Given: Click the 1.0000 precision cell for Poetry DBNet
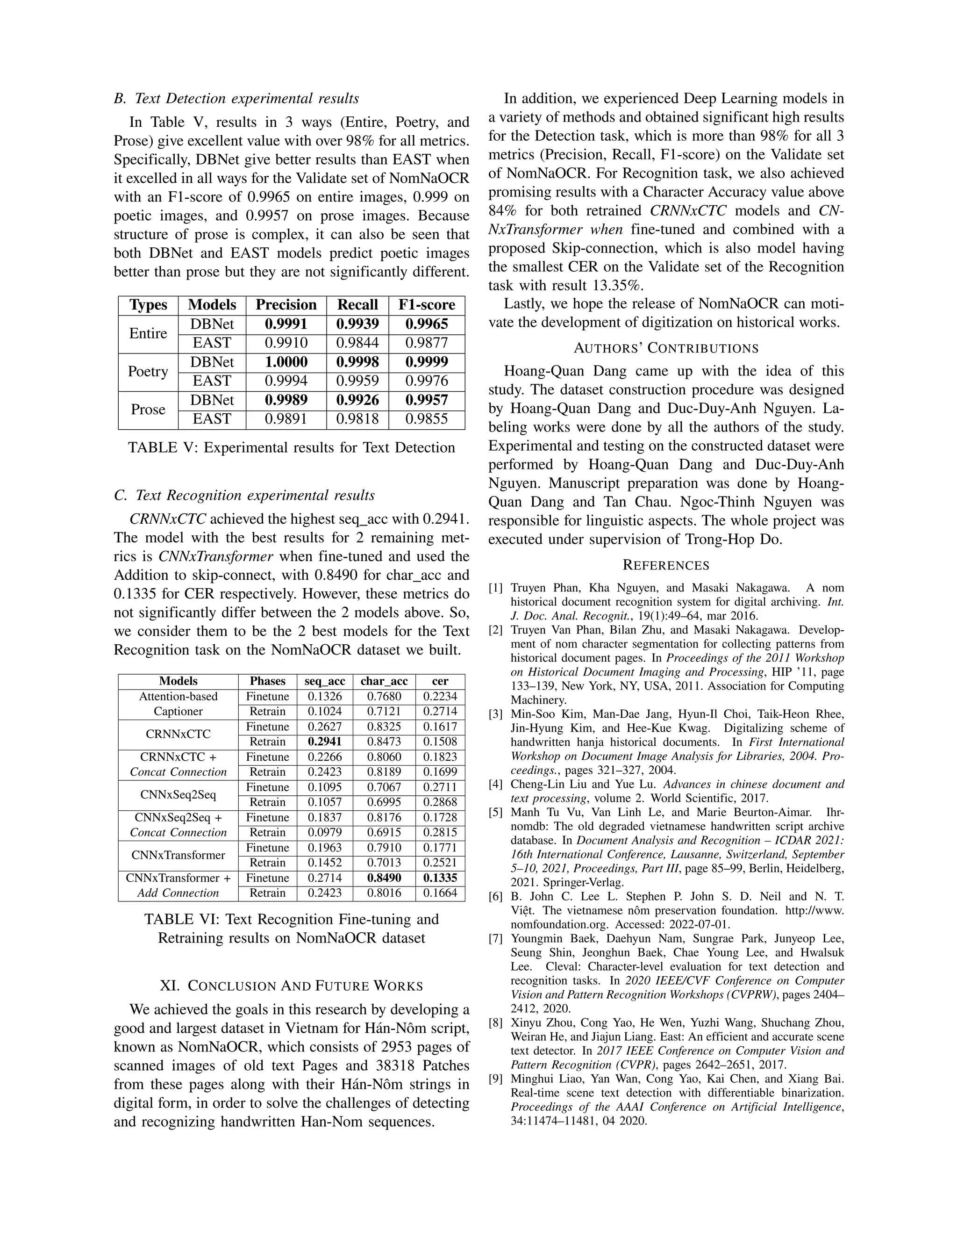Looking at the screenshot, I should click(x=286, y=362).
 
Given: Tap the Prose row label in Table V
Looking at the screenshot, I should click(x=148, y=410).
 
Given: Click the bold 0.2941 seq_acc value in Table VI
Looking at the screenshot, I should click(x=325, y=742).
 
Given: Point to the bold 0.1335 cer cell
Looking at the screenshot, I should click(x=440, y=878).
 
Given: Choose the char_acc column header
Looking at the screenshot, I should click(x=384, y=681).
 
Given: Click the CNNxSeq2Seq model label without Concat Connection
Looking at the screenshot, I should click(x=178, y=795).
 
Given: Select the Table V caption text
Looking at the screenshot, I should click(x=292, y=447).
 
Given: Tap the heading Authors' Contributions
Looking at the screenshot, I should click(x=666, y=348).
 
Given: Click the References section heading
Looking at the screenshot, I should click(x=666, y=565).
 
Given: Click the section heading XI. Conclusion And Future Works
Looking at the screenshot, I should click(x=292, y=986).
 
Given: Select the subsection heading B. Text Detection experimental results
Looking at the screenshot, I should click(x=236, y=99).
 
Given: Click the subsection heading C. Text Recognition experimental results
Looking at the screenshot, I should click(x=244, y=495).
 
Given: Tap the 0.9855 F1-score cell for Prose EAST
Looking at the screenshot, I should click(x=426, y=419).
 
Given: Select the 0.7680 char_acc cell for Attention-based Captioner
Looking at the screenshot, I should click(x=384, y=697).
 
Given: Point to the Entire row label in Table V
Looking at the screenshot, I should click(x=148, y=333).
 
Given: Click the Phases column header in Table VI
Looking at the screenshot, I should click(x=268, y=681).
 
